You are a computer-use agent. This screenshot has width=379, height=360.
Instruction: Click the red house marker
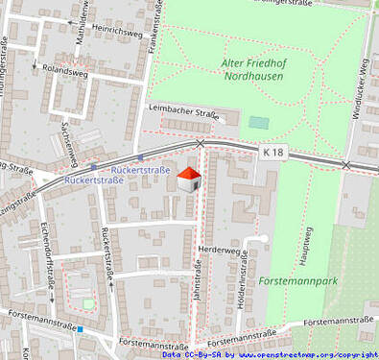(x=190, y=178)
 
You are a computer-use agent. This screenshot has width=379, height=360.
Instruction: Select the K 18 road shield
(x=273, y=152)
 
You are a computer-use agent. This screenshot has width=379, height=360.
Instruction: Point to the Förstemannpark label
(x=296, y=281)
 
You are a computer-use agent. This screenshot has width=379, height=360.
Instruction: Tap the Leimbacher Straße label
(x=183, y=112)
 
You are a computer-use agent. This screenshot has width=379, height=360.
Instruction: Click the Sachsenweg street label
(x=68, y=142)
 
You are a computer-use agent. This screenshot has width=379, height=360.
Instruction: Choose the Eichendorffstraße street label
(x=47, y=255)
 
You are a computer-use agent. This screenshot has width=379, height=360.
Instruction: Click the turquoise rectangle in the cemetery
(x=257, y=122)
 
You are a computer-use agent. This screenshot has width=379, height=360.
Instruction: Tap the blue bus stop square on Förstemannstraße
(x=81, y=330)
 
